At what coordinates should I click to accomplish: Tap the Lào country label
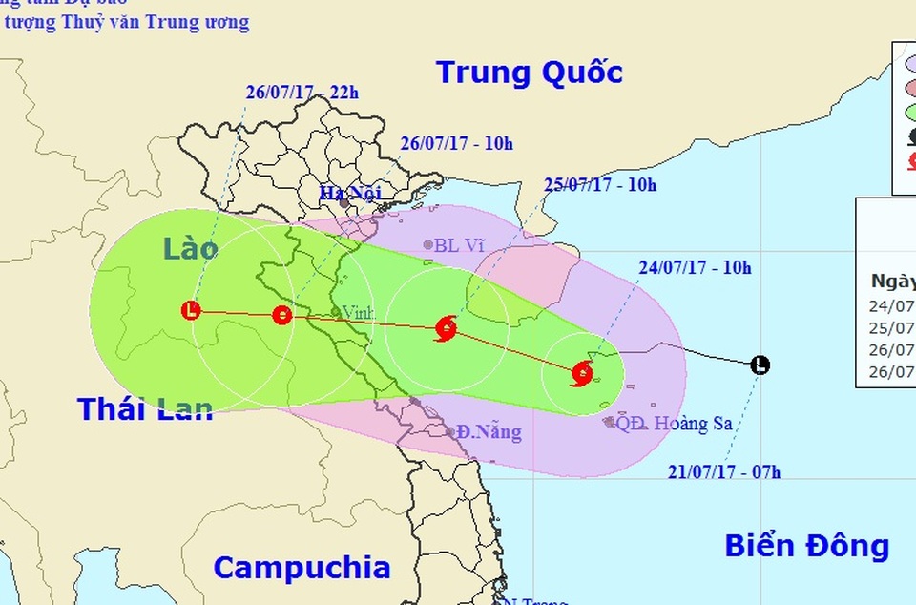pos(190,250)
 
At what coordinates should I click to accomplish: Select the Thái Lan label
pos(145,409)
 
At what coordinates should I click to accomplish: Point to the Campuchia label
pos(302,568)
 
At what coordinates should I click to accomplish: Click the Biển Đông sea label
pos(806,547)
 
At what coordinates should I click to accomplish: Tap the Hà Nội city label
pos(350,194)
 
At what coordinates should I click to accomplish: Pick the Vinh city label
pos(358,311)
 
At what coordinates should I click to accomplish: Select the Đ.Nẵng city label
pos(489,432)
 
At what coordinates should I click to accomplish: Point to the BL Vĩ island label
pos(460,245)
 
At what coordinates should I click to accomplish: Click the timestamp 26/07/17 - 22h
pos(302,93)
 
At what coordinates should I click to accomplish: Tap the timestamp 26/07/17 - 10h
pos(456,144)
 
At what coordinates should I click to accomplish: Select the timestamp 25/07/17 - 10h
pos(600,185)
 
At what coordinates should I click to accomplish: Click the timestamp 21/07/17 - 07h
pos(724,470)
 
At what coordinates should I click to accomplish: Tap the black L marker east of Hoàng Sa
pos(760,365)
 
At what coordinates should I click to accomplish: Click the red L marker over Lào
pos(193,310)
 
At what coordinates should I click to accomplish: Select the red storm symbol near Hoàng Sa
pos(581,373)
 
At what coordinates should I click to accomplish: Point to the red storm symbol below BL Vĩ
pos(445,329)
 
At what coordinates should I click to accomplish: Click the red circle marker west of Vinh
pos(281,315)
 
